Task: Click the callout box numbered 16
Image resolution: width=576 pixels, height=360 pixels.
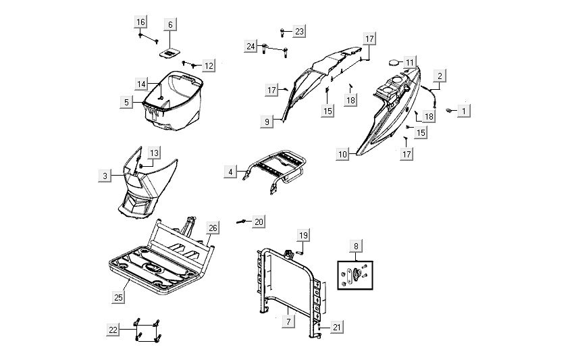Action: pos(140,22)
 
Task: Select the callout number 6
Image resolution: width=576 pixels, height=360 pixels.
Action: pos(170,25)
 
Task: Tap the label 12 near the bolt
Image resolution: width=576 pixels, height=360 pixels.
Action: pos(209,66)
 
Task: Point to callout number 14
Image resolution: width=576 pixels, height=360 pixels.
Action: pos(141,84)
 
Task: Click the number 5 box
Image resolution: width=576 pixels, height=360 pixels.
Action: pos(126,102)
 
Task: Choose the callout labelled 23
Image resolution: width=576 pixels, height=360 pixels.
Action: pos(299,31)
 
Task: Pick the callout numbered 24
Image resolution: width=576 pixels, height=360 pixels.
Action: pos(251,46)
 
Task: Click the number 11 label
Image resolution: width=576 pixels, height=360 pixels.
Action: pos(410,62)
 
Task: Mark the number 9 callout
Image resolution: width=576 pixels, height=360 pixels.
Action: pos(267,121)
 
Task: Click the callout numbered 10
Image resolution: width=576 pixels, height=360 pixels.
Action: pos(343,155)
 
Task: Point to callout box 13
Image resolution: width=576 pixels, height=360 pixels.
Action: pos(155,153)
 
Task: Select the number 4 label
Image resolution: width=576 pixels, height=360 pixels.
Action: pos(231,172)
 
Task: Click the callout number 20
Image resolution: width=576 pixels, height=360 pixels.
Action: pos(259,222)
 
